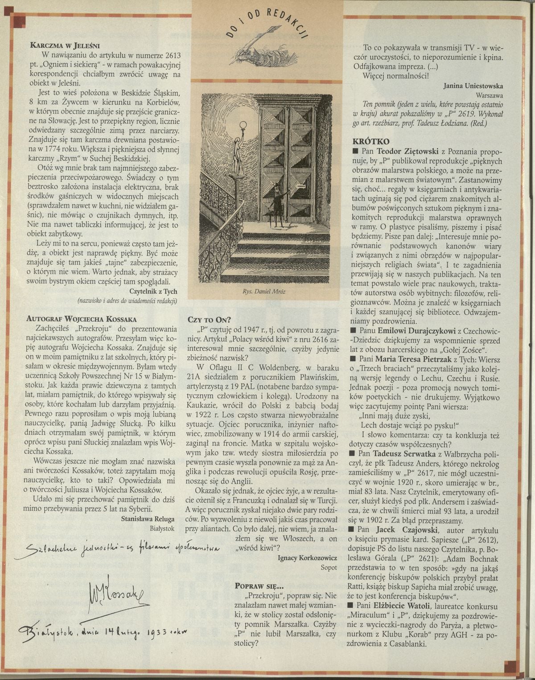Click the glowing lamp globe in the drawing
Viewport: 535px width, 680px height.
point(243,125)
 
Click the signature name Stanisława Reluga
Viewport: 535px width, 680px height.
point(148,519)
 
